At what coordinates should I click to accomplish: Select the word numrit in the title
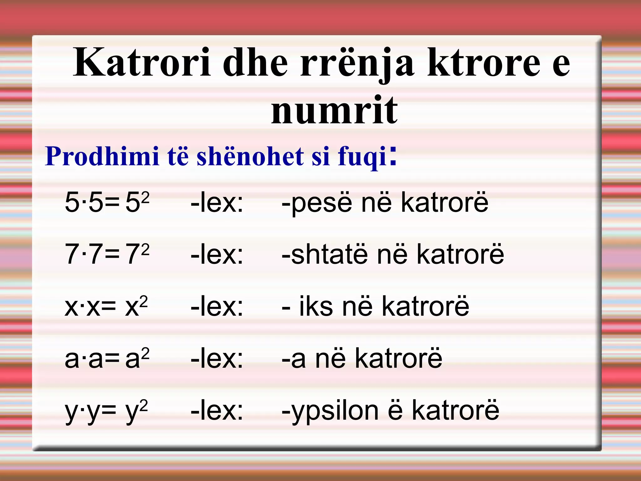click(334, 110)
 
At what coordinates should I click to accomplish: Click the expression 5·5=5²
click(107, 202)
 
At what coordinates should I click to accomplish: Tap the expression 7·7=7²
click(107, 254)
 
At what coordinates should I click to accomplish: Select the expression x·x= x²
click(106, 306)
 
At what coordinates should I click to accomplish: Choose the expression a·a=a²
click(107, 358)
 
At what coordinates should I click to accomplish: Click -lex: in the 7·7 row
click(217, 254)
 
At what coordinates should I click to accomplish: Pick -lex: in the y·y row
click(217, 411)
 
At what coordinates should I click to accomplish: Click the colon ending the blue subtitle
click(393, 155)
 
